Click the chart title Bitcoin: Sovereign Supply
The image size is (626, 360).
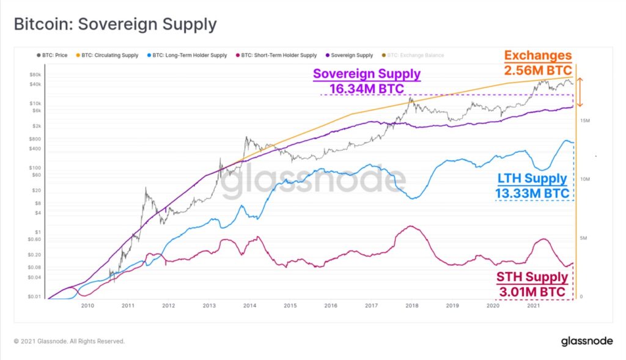coord(116,24)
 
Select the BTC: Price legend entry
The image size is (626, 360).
coord(53,55)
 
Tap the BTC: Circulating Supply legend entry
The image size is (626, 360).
coord(107,55)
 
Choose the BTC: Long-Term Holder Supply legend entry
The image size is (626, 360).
coord(187,55)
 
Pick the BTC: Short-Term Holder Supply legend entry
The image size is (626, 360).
coord(276,55)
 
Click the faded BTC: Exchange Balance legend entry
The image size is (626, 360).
coord(413,55)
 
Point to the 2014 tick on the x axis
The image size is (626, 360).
coord(250,306)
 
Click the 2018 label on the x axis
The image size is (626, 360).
coord(412,306)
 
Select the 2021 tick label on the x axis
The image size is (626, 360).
coord(533,306)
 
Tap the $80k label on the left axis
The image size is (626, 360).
coord(35,75)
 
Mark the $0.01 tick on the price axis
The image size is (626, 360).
coord(34,296)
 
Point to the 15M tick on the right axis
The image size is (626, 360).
coord(585,120)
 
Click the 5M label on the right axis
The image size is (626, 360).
coord(584,238)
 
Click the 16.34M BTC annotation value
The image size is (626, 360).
coord(367,89)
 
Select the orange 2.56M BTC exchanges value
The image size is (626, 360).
coord(538,70)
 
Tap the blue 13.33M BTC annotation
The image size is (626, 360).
coord(532,194)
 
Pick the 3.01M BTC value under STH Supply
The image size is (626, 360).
coord(532,292)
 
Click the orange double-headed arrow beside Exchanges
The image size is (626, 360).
coord(580,92)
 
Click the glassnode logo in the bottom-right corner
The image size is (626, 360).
coord(587,341)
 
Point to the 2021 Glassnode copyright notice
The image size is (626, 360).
coord(69,341)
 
